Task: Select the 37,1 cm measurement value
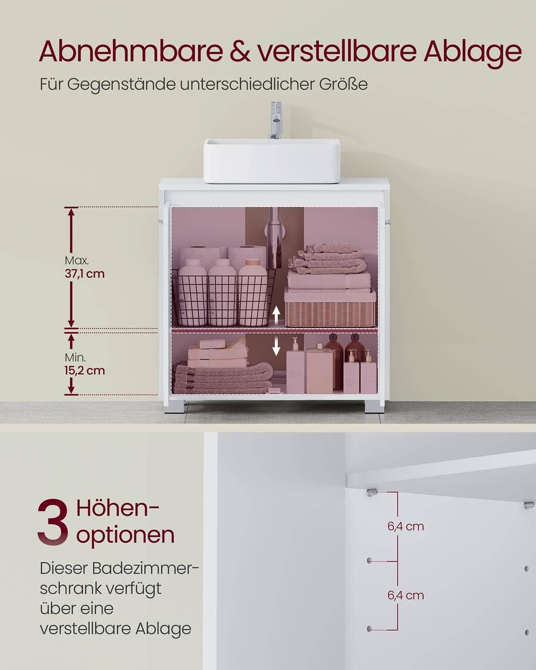coord(84,274)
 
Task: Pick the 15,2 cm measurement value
coord(84,370)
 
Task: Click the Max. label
coord(77,261)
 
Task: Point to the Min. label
coord(75,357)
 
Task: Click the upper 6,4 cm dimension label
coord(406,526)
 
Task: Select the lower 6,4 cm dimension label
coord(406,595)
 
